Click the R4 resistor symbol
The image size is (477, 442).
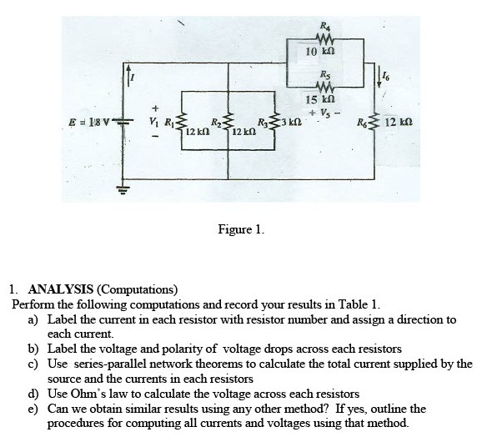coord(325,38)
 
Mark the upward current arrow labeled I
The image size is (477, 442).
coord(128,75)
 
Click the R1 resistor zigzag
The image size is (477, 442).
coord(182,123)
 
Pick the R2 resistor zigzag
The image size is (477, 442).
coord(228,123)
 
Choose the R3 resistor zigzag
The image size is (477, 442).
coord(274,123)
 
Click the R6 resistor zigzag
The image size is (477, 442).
coord(374,123)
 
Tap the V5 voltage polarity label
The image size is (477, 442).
coord(324,113)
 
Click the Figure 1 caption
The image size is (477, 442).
coord(241,229)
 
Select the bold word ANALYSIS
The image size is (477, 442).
coord(61,289)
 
